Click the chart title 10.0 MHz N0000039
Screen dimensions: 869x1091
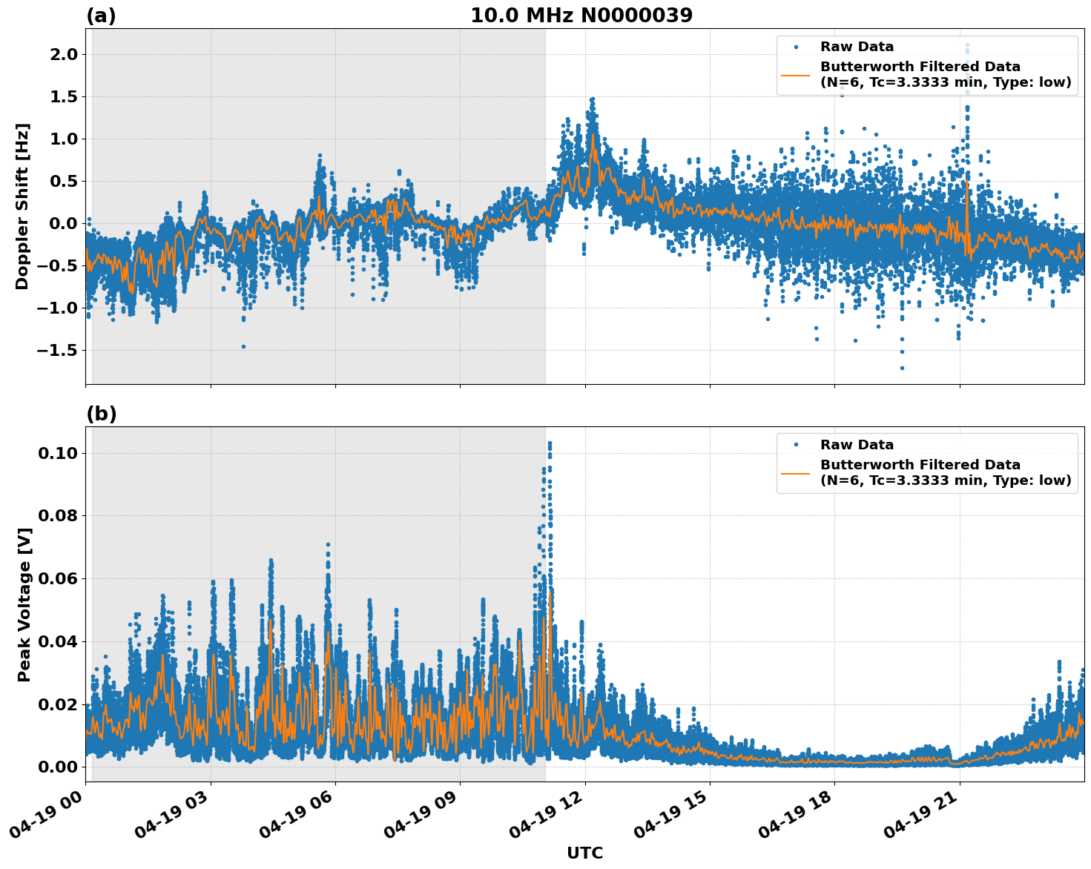581,16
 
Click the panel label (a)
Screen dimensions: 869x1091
101,16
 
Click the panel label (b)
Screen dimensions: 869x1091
101,414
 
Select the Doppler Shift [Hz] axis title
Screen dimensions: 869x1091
22,206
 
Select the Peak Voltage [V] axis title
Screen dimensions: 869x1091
24,604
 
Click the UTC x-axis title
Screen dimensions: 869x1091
584,853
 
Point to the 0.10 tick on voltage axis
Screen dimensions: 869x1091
59,453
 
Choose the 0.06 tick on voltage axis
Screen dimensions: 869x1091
59,578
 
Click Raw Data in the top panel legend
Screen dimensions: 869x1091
857,47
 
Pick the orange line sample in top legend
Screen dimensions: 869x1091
796,74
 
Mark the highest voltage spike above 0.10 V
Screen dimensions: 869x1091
550,443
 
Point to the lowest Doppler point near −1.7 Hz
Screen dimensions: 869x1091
902,368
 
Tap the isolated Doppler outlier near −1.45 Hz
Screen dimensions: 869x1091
243,346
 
